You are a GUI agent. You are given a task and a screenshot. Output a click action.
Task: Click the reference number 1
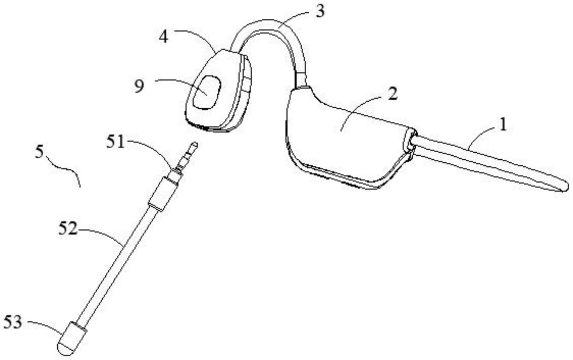503,124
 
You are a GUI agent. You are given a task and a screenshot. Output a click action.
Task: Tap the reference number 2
392,93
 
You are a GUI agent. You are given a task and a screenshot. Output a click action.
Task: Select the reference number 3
319,12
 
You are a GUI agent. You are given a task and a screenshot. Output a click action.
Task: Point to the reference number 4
163,36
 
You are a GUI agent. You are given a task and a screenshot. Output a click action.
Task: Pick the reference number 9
139,87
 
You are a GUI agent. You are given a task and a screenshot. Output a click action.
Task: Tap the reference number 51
115,142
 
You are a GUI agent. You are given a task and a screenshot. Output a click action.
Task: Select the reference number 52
67,228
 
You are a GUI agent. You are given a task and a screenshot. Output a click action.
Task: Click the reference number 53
13,322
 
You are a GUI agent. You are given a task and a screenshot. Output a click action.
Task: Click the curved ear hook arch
270,26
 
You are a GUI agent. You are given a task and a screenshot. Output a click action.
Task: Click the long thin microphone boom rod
116,262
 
